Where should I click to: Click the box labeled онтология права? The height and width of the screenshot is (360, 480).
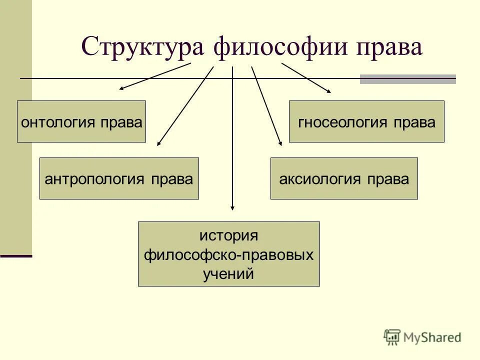[81, 121]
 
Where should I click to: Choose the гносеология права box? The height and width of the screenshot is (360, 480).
[366, 121]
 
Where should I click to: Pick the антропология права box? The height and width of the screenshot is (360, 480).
[119, 178]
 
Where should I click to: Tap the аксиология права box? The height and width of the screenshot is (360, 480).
[344, 178]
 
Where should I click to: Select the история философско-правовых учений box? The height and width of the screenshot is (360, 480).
[228, 254]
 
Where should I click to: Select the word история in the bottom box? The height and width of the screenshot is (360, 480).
[228, 235]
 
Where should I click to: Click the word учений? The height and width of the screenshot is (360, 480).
[228, 273]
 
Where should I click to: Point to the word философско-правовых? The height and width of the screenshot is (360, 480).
[228, 254]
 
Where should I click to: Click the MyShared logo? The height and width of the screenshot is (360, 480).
[422, 337]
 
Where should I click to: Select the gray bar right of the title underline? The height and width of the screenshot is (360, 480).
[407, 79]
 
